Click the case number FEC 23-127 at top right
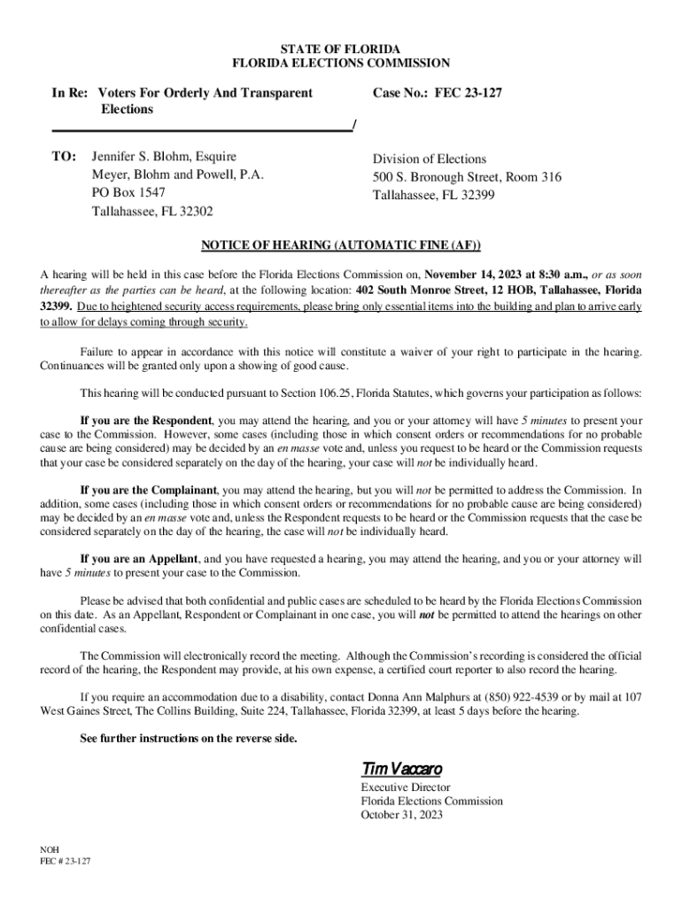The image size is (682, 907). (469, 92)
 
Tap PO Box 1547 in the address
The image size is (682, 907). (128, 192)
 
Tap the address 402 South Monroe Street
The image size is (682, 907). (429, 290)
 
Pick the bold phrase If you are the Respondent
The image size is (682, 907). (146, 420)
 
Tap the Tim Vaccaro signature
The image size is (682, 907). (401, 767)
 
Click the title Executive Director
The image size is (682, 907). (405, 787)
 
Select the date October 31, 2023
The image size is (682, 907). (401, 815)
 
